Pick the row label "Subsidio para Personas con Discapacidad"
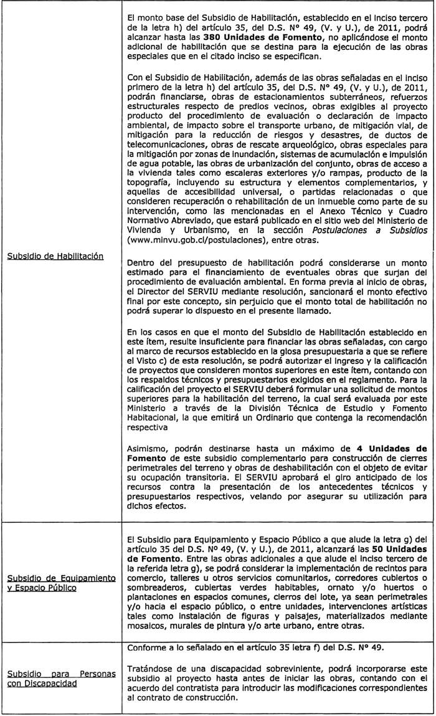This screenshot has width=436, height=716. coord(62,679)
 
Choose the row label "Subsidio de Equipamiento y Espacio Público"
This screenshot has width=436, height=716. coord(62,583)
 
